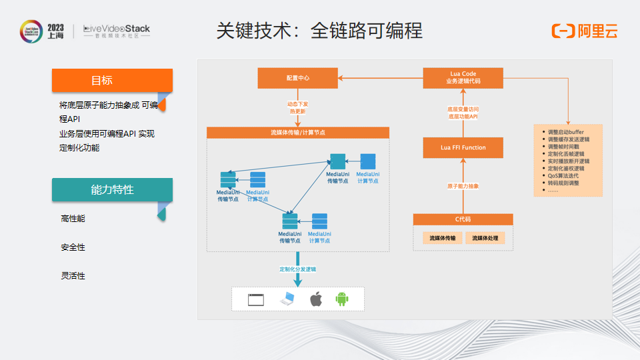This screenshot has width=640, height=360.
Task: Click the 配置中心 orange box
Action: [x=298, y=78]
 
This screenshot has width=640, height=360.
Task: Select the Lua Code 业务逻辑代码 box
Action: [x=463, y=78]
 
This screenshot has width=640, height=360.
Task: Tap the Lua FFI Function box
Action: [x=463, y=147]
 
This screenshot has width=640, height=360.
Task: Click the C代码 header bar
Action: [x=463, y=219]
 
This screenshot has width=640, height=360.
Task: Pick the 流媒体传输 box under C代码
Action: [x=442, y=238]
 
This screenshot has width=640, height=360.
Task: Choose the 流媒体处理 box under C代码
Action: [x=485, y=238]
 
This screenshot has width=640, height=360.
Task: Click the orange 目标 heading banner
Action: [x=112, y=81]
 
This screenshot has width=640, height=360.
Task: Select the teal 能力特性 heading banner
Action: [x=112, y=189]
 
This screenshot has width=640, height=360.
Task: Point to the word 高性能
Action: [x=73, y=219]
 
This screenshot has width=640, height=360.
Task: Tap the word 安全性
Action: [x=73, y=247]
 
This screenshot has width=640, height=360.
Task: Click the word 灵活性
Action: [x=73, y=276]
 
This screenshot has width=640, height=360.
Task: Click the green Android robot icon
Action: [x=342, y=299]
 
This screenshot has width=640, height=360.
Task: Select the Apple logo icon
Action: [x=316, y=299]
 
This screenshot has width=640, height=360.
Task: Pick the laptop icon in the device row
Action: [x=287, y=299]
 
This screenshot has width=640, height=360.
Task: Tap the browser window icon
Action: [x=257, y=299]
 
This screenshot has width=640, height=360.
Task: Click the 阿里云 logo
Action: [x=585, y=31]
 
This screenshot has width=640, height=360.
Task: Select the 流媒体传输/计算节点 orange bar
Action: [x=298, y=133]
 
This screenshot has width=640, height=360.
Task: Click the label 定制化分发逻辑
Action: [x=298, y=269]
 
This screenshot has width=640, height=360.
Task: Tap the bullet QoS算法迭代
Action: [x=563, y=176]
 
